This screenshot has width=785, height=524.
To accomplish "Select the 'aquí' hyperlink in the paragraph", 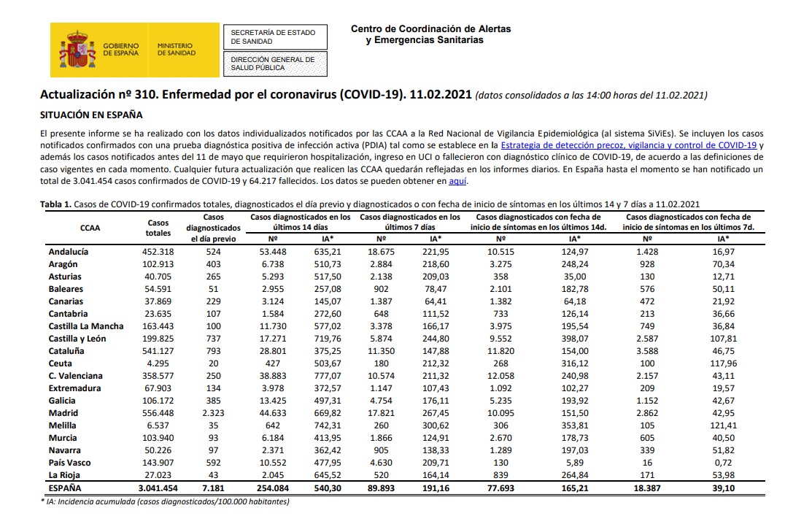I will (457, 181).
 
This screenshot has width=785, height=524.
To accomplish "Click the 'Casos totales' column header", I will (158, 228).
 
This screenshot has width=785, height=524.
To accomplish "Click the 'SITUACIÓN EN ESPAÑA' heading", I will (91, 115).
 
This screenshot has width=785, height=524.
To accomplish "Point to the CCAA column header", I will (90, 228).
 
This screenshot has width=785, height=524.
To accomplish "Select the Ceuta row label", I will (60, 363).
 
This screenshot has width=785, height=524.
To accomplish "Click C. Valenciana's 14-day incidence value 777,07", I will (327, 376).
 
